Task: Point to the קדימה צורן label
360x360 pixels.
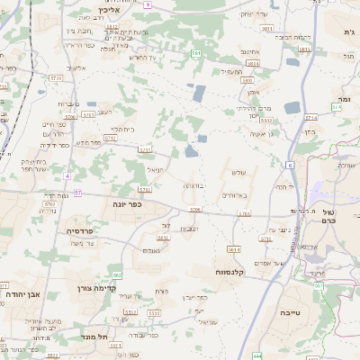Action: [x=90, y=289]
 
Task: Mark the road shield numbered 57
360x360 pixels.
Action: [x=78, y=193]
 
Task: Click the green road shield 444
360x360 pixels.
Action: [x=257, y=355]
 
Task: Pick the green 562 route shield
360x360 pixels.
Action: [x=117, y=275]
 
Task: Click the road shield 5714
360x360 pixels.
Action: [x=311, y=117]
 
